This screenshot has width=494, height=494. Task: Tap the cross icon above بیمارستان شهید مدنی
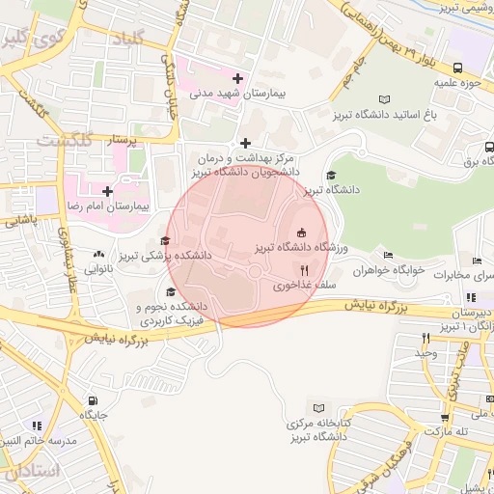pyautogui.click(x=237, y=78)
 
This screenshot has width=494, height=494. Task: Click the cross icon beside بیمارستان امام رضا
pyautogui.click(x=107, y=192)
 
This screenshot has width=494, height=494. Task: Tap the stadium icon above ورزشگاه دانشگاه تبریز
pyautogui.click(x=302, y=232)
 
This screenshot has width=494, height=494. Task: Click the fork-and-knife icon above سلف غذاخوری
pyautogui.click(x=305, y=270)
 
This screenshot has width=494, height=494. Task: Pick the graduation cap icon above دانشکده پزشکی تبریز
pyautogui.click(x=165, y=241)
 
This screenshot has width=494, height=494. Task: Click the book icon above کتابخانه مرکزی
pyautogui.click(x=315, y=407)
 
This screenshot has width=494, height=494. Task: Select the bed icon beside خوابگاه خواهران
pyautogui.click(x=388, y=256)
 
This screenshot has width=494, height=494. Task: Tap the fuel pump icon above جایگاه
pyautogui.click(x=93, y=401)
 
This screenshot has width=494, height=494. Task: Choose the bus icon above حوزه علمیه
pyautogui.click(x=457, y=68)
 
